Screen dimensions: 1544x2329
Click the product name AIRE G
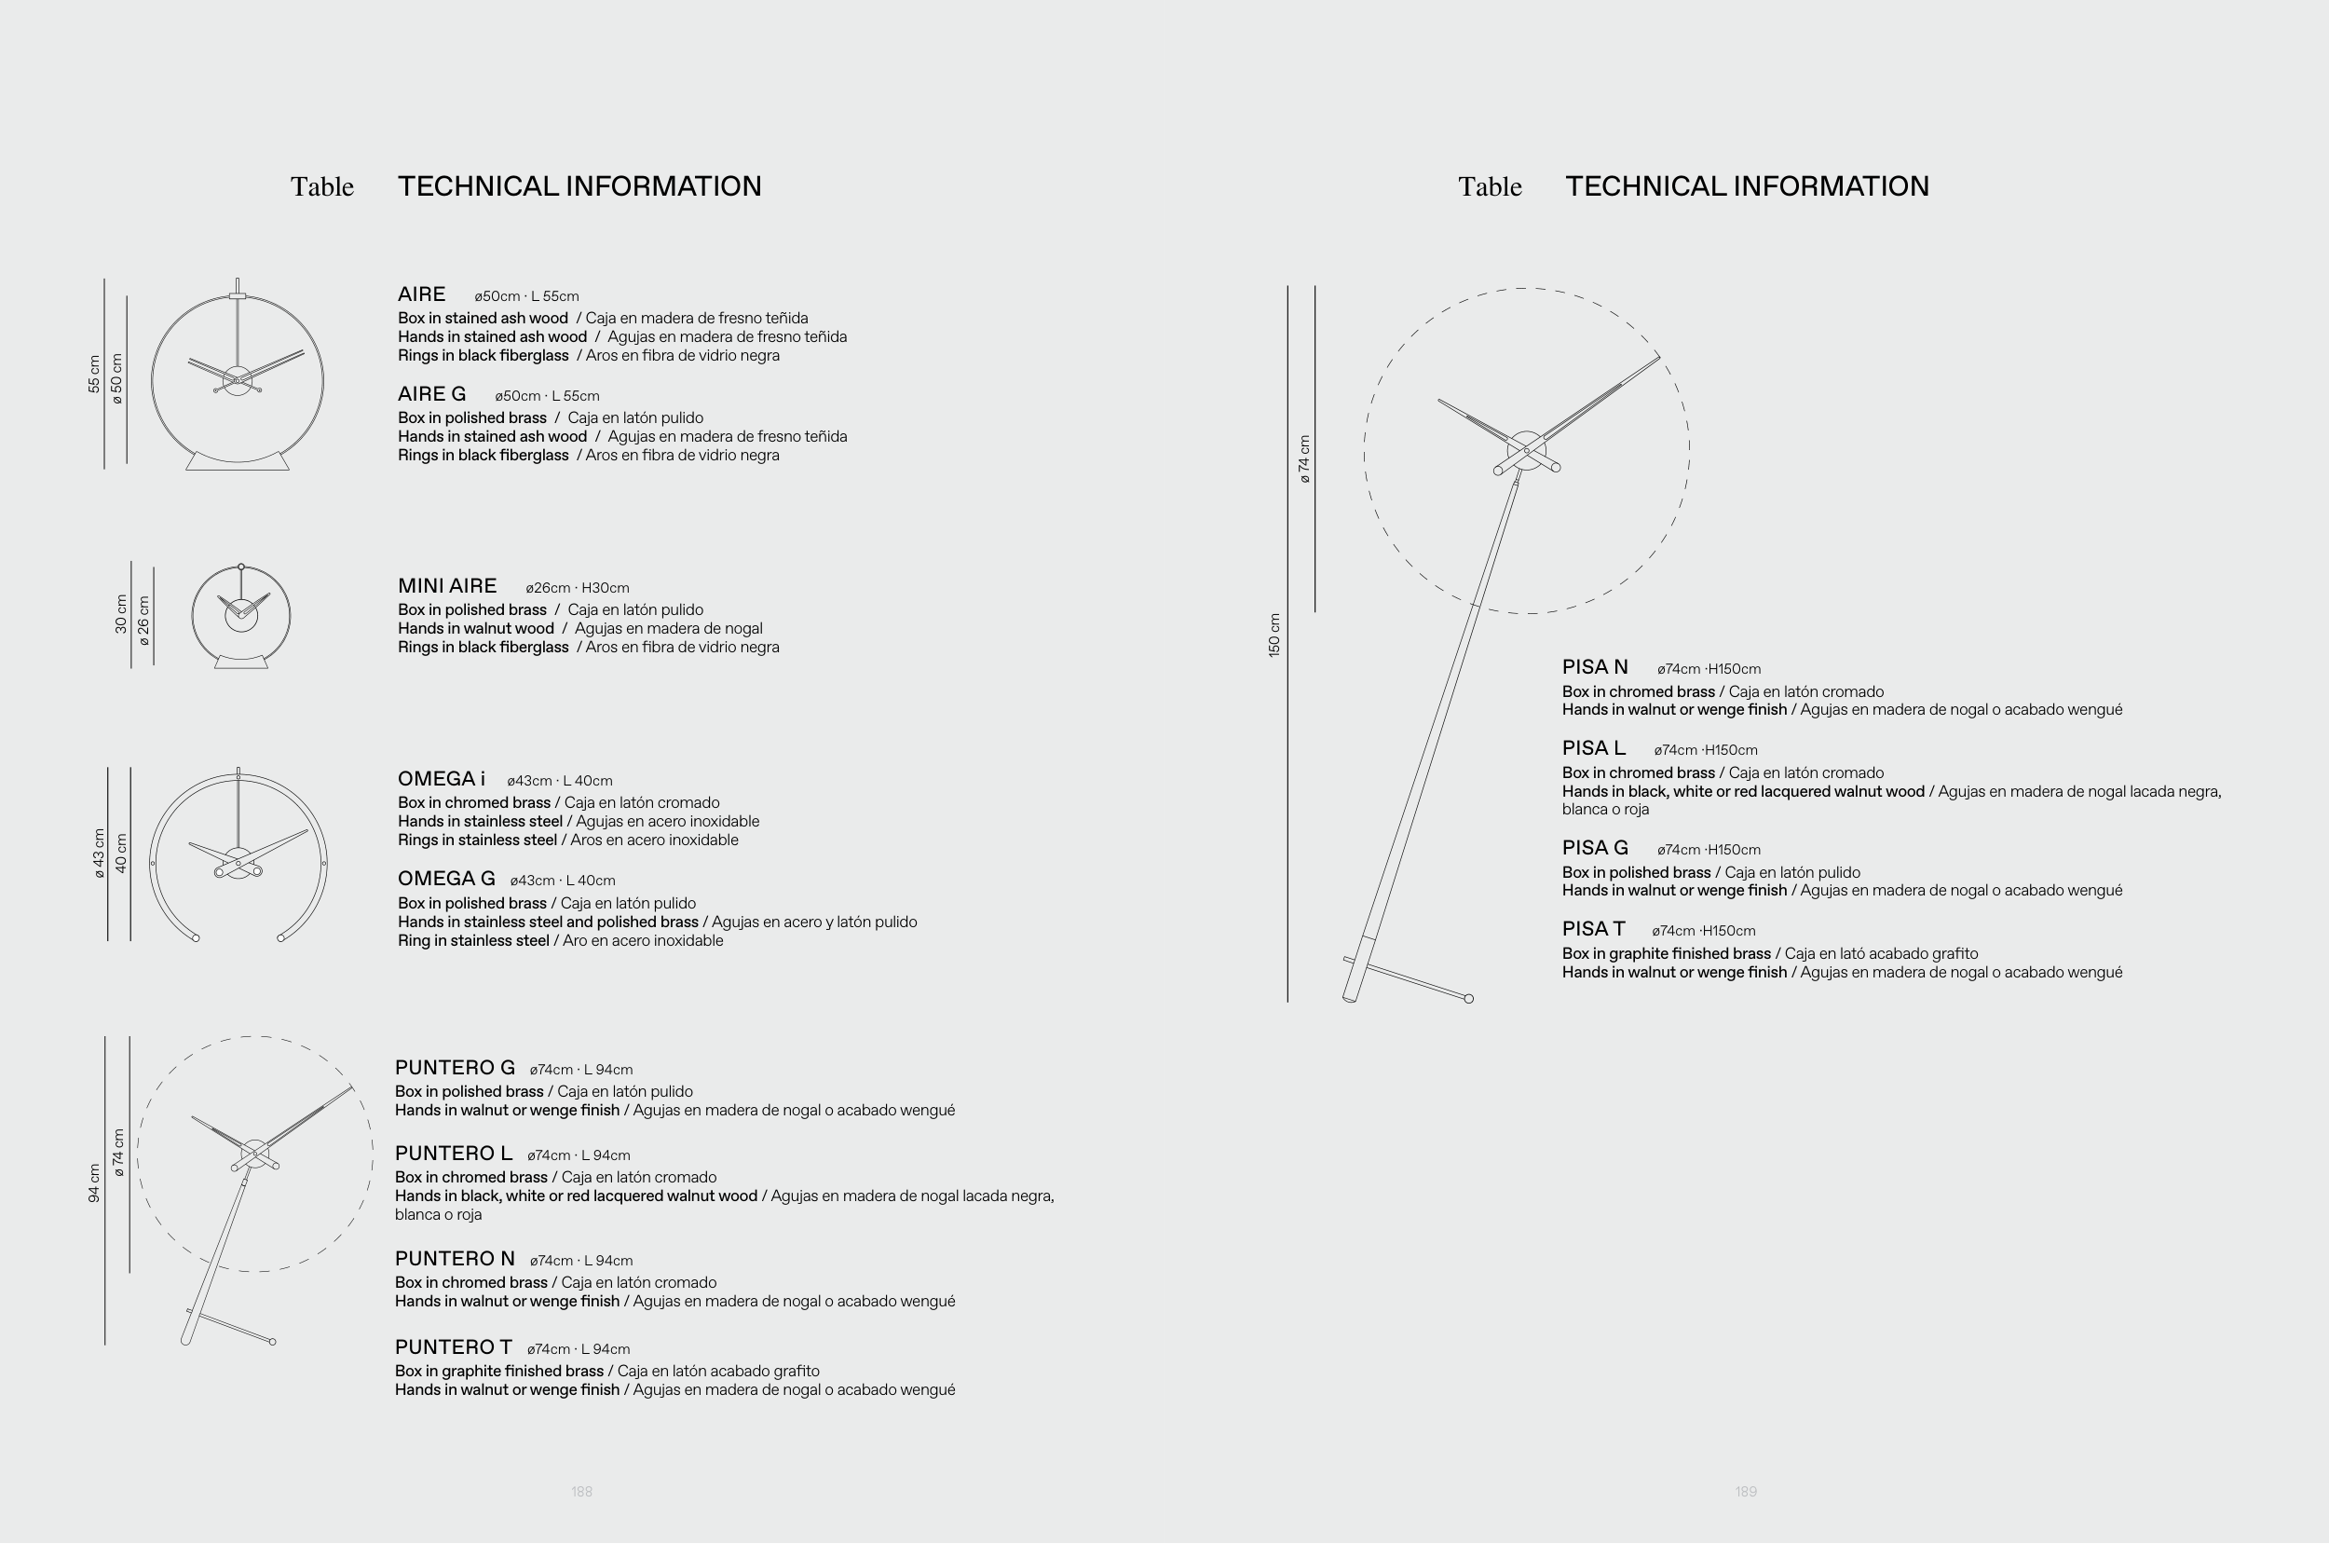click(x=431, y=395)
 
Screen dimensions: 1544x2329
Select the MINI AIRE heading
click(x=447, y=587)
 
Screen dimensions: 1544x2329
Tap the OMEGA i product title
click(x=441, y=780)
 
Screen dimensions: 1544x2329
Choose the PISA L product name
click(x=1593, y=748)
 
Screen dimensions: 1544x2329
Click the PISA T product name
click(x=1593, y=930)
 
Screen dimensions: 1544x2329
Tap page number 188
click(x=581, y=1492)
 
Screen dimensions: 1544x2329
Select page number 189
click(x=1745, y=1492)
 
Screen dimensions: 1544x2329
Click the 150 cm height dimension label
click(x=1274, y=635)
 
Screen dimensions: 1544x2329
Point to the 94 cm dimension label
click(x=94, y=1182)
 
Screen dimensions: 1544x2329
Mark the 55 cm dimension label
click(x=94, y=375)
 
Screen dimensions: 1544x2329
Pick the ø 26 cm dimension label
click(x=144, y=621)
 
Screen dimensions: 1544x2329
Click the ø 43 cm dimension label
click(x=99, y=853)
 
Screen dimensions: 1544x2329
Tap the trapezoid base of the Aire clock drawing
click(x=238, y=461)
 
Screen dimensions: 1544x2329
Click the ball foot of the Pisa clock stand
click(x=1469, y=999)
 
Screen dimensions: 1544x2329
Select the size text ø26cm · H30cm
click(x=577, y=589)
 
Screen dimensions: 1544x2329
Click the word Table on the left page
click(x=322, y=187)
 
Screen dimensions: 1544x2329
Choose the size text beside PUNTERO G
click(x=580, y=1071)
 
